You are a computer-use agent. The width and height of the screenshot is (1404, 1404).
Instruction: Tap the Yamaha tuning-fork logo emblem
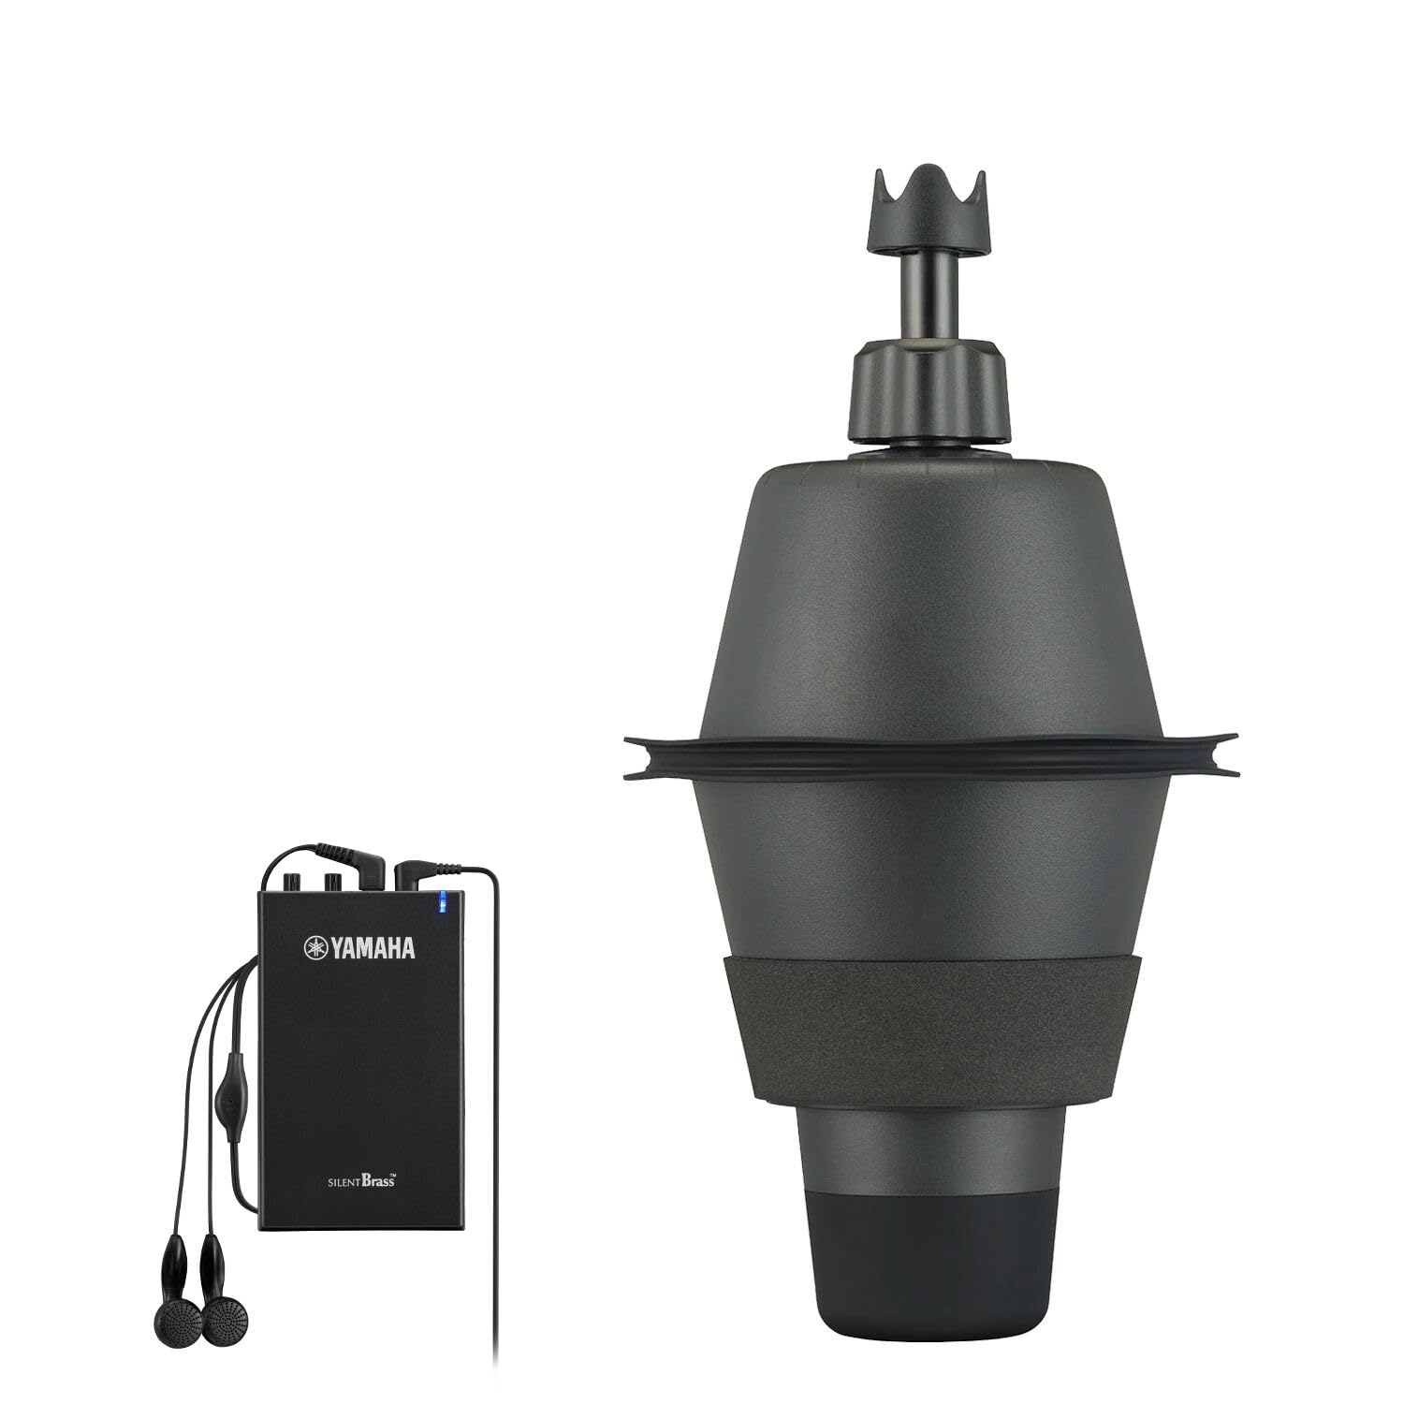(313, 949)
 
